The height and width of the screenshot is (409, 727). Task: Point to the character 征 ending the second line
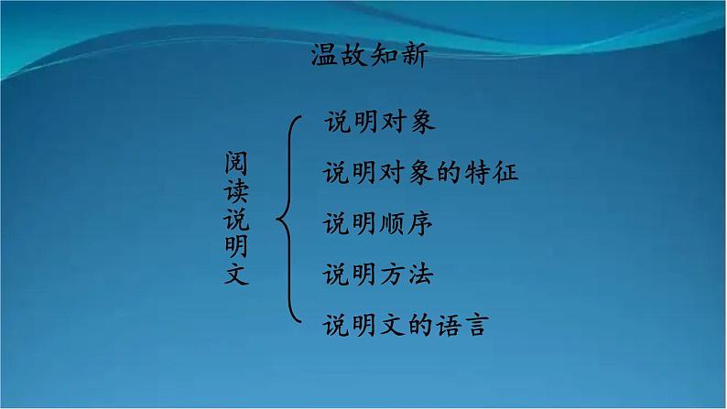tap(505, 172)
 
